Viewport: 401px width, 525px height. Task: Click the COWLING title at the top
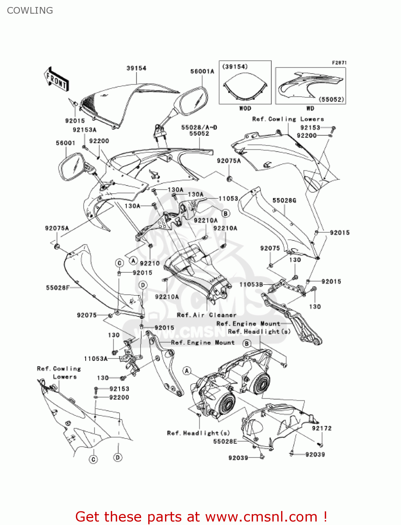(30, 10)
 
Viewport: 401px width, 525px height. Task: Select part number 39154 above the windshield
(136, 68)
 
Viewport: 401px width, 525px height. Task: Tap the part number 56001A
(202, 71)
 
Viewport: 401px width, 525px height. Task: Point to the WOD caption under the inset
(245, 108)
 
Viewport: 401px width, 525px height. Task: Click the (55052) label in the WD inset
(332, 99)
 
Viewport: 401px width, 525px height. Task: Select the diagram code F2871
(339, 63)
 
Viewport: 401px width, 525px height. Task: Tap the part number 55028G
(284, 201)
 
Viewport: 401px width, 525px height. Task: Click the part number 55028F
(58, 288)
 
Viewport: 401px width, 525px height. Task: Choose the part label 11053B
(251, 285)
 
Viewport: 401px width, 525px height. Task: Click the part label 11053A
(95, 359)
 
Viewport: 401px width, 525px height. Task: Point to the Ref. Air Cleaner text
(207, 315)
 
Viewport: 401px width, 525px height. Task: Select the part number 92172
(322, 428)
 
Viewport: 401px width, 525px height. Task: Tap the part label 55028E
(225, 441)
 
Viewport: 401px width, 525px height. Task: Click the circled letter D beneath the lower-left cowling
(118, 457)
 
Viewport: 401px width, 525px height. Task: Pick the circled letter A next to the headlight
(187, 371)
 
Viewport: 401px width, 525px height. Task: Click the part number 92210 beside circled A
(150, 263)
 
